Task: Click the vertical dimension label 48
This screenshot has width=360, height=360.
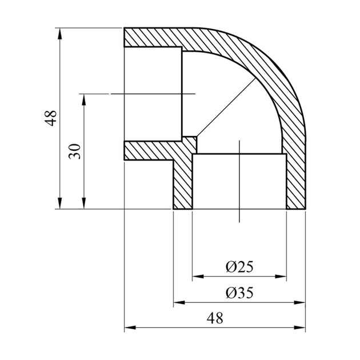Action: tap(50, 118)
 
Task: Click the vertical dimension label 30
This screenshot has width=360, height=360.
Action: tap(75, 151)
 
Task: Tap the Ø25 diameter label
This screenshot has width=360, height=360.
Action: tap(239, 266)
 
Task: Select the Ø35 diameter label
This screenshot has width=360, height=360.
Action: tap(239, 293)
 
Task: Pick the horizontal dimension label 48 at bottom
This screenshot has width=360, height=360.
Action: tap(215, 318)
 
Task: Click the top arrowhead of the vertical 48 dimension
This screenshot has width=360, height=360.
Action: tap(60, 34)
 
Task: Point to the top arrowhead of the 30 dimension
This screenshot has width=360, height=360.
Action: tap(84, 99)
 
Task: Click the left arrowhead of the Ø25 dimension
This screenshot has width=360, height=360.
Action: tap(198, 277)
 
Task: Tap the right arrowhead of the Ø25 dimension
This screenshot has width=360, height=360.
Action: tap(281, 277)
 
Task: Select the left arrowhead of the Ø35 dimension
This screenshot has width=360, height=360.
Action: tap(179, 303)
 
